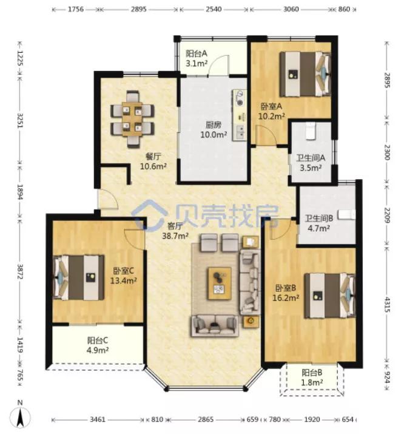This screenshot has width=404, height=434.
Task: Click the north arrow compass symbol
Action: [x=20, y=414]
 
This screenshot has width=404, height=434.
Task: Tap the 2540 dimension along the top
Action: [x=214, y=10]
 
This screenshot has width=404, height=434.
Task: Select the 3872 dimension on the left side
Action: [x=20, y=273]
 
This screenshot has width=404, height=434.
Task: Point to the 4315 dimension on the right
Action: [x=387, y=305]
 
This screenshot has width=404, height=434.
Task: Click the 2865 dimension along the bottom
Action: [x=206, y=419]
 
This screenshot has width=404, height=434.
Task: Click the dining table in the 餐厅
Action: [x=132, y=119]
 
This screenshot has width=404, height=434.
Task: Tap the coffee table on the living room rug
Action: [x=220, y=283]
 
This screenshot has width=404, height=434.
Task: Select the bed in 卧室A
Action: [x=305, y=74]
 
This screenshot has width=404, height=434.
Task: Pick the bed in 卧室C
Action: [x=79, y=277]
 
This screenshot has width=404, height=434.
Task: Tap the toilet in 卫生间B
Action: [x=347, y=215]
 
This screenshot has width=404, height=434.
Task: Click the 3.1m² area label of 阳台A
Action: [x=197, y=64]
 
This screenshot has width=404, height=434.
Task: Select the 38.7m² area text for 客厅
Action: [x=175, y=236]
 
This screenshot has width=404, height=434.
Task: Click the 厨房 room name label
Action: [x=213, y=125]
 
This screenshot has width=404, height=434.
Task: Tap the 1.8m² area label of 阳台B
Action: [x=312, y=382]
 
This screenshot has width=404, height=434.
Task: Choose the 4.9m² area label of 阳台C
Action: [x=98, y=350]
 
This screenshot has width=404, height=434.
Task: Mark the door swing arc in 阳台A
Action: [x=219, y=66]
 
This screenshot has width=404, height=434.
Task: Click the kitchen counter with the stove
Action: [x=240, y=115]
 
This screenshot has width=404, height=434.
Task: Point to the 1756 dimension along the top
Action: [x=76, y=10]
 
